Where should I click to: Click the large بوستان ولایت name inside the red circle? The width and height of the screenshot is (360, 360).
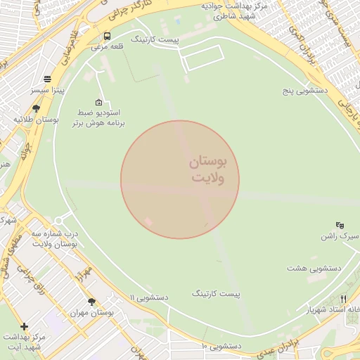(208, 170)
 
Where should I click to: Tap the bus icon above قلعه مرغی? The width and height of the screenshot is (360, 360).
(107, 36)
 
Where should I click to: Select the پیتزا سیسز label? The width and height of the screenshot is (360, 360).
(47, 91)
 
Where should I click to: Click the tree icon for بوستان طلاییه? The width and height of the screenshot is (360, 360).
(36, 108)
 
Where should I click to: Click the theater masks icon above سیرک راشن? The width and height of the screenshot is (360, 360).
(340, 225)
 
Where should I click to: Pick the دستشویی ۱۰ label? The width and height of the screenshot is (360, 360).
(221, 347)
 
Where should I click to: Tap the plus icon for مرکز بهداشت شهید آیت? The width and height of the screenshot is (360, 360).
(25, 326)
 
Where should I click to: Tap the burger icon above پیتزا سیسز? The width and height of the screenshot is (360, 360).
(47, 79)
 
